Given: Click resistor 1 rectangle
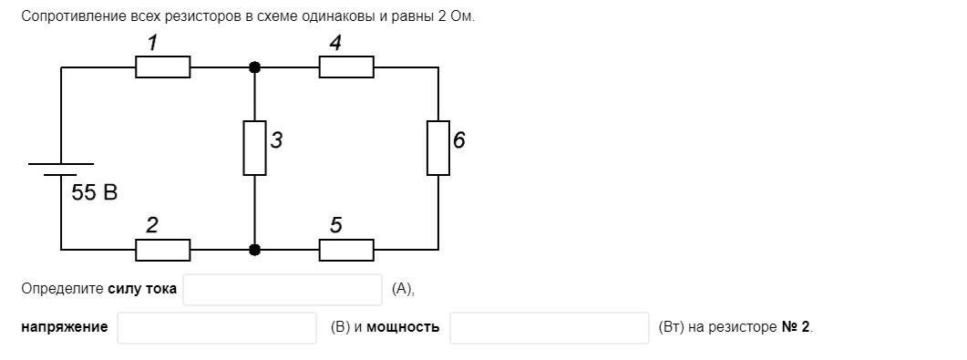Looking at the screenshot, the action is pos(163,67).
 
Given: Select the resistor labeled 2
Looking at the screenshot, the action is pos(163,250).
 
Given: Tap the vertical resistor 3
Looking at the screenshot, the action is pos(254,148).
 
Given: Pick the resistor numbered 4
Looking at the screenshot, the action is pos(346,67).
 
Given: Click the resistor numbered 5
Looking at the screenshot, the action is pos(346,250).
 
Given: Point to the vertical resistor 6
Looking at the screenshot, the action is pos(437,148).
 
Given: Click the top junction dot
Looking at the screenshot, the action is pos(254,67).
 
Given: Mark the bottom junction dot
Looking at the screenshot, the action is pos(254,250).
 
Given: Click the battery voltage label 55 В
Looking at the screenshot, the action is pos(95,193).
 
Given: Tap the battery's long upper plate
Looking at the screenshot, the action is pos(61,164).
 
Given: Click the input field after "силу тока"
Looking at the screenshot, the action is pos(283,290).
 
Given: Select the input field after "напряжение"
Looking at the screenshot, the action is pos(217,328).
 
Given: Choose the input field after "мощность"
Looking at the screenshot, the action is pos(549,328).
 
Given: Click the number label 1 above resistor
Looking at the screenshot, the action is pos(152,43).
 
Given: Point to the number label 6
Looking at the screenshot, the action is pos(458,141).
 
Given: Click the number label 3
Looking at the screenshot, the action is pos(276,141).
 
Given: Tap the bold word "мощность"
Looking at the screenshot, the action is pos(404,327).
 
